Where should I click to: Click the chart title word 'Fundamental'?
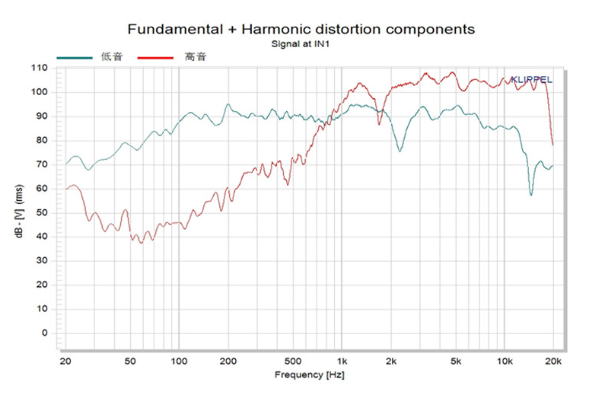coord(175,30)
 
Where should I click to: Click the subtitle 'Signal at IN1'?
coord(300,44)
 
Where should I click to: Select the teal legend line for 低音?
coord(75,58)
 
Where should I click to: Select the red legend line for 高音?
coord(155,58)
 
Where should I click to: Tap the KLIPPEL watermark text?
coord(531,80)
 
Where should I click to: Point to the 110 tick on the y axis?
coord(40,68)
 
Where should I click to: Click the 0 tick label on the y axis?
coord(45,333)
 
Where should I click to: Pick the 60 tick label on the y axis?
coord(42,189)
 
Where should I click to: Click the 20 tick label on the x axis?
coord(65,361)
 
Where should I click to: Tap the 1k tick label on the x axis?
coord(342,361)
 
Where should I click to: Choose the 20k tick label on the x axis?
coord(553,361)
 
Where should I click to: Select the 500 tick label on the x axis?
coord(293,361)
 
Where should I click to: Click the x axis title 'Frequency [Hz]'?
coord(310,375)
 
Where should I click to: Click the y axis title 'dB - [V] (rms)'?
coord(19,211)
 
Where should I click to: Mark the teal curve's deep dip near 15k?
coord(531,195)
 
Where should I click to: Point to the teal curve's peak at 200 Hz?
coord(228,104)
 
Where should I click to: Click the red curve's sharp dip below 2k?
coord(379,124)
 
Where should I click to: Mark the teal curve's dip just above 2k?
coord(400,151)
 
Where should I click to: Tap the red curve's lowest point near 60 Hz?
coord(142,243)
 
